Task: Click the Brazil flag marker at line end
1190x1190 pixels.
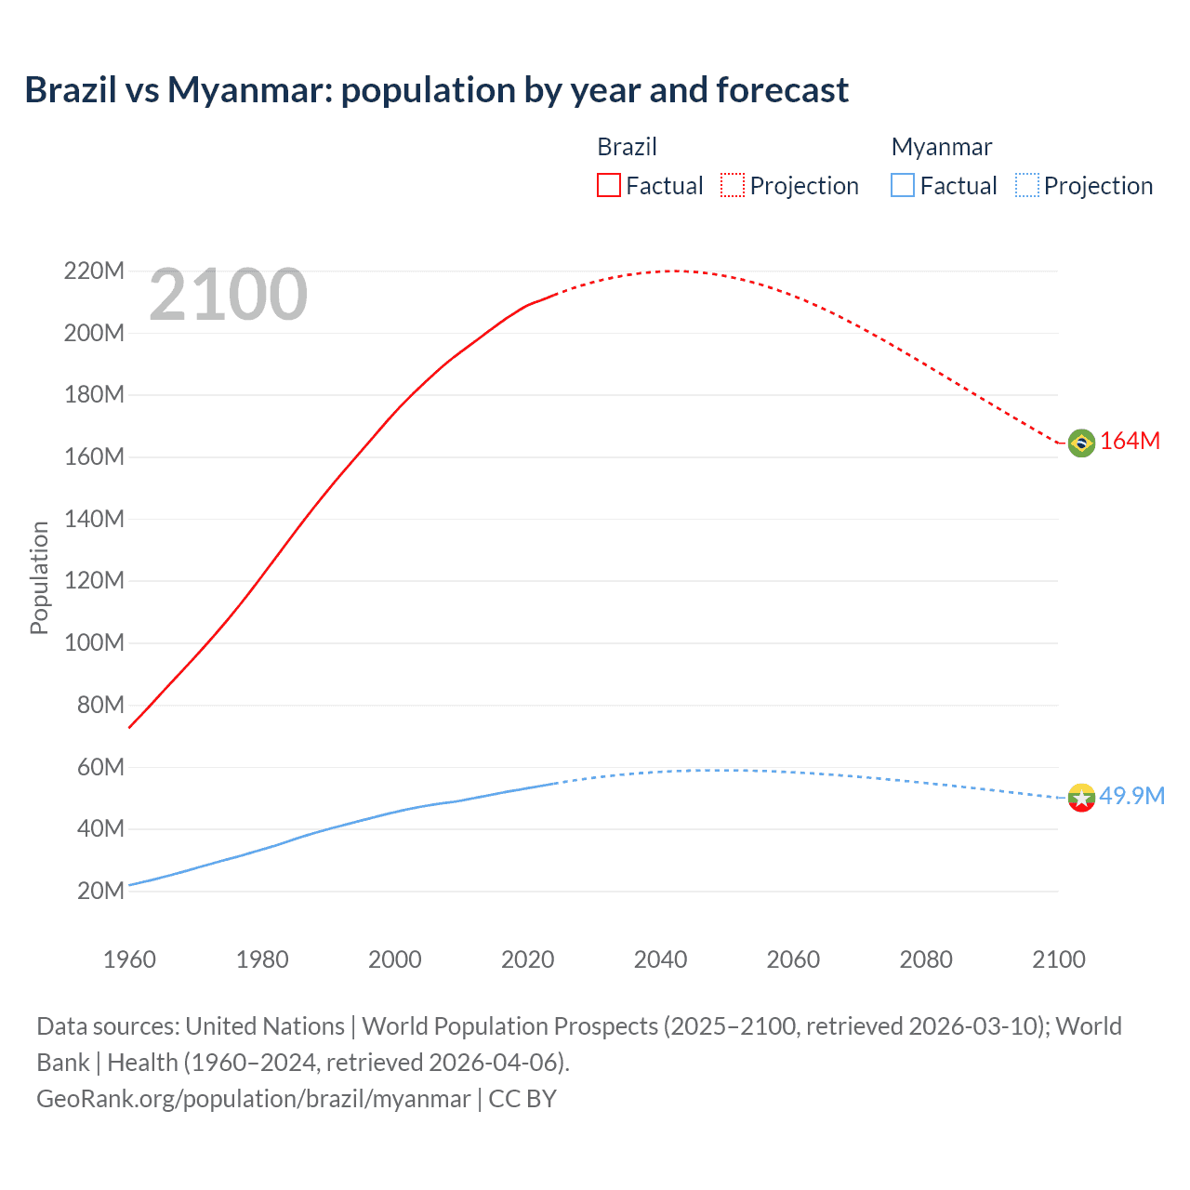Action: (x=1081, y=443)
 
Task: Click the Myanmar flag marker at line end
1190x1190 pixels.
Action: (x=1081, y=797)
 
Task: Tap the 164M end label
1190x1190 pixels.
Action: (x=1130, y=442)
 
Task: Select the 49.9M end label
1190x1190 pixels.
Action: (x=1131, y=796)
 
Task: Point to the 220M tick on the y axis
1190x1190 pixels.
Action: (x=94, y=271)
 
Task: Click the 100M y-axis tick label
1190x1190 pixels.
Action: (x=94, y=642)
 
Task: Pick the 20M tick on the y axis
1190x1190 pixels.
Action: (x=100, y=891)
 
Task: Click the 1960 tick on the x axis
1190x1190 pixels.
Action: (x=129, y=959)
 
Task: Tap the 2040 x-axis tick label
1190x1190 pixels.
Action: (x=660, y=959)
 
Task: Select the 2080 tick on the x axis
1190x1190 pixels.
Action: (x=926, y=959)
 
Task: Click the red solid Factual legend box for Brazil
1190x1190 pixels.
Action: (x=609, y=185)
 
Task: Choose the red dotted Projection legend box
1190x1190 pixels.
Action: (x=733, y=185)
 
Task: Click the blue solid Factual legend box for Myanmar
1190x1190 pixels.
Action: (x=903, y=185)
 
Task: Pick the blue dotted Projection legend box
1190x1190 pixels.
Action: (x=1026, y=185)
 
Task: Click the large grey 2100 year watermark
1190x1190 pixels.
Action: (x=228, y=295)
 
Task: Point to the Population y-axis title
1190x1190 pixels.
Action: (x=39, y=577)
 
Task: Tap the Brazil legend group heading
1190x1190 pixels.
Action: (x=627, y=147)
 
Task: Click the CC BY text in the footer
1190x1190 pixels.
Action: (x=522, y=1099)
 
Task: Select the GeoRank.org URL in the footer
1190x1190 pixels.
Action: (x=253, y=1099)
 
